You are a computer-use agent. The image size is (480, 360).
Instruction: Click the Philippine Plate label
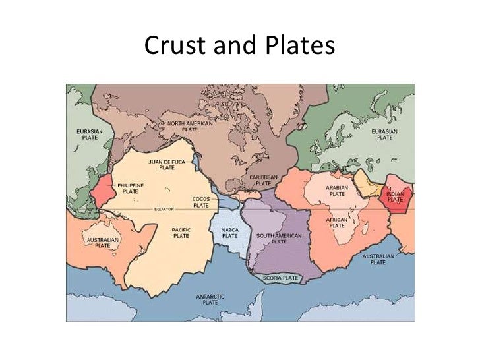(x=130, y=188)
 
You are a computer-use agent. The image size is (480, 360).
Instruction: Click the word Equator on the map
(x=164, y=209)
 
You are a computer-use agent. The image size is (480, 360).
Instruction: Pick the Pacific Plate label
(x=181, y=232)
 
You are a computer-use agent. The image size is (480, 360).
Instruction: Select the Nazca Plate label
(x=229, y=232)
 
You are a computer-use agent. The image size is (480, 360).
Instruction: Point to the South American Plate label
(x=279, y=238)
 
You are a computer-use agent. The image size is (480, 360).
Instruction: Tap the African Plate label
(x=337, y=222)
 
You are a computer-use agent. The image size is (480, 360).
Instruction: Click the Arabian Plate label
(x=337, y=191)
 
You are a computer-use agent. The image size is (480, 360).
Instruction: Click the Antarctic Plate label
(x=210, y=299)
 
